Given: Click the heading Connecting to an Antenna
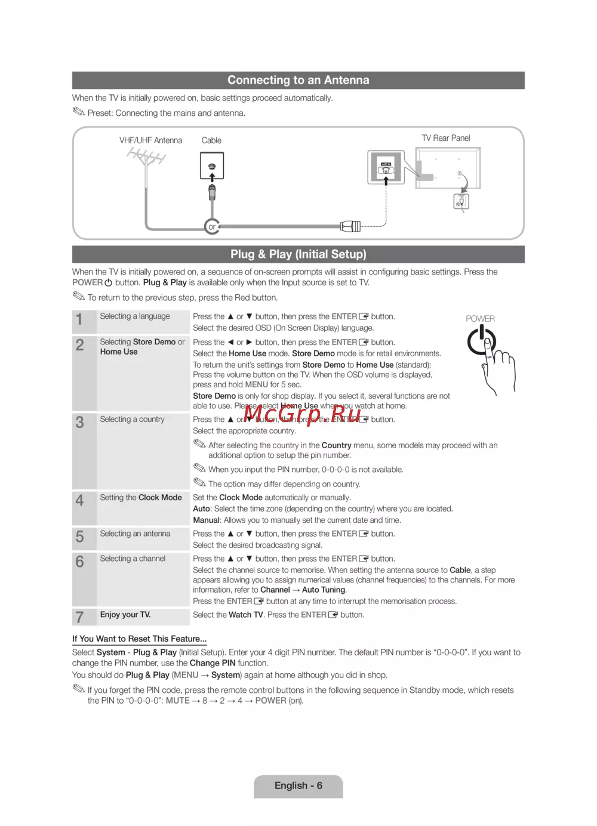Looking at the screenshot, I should (298, 80).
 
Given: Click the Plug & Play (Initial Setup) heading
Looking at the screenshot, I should (298, 254).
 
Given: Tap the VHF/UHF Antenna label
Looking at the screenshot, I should (150, 140).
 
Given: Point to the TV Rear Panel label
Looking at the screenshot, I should (445, 138).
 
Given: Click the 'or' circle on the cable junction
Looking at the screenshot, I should (211, 227).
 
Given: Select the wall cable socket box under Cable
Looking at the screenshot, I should (212, 166).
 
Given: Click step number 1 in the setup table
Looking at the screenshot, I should (79, 320).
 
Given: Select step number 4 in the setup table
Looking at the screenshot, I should (79, 500).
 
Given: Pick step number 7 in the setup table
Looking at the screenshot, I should (79, 617).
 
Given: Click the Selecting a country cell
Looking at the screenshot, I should (132, 420).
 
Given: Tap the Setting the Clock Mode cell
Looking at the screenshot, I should (141, 498).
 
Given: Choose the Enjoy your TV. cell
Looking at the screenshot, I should (125, 615).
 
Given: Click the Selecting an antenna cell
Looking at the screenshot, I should (135, 534).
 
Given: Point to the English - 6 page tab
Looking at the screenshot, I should (298, 785).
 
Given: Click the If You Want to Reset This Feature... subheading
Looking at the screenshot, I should (139, 639).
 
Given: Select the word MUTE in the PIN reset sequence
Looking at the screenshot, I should (177, 701).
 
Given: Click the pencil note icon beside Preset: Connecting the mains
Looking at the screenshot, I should (79, 112).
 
